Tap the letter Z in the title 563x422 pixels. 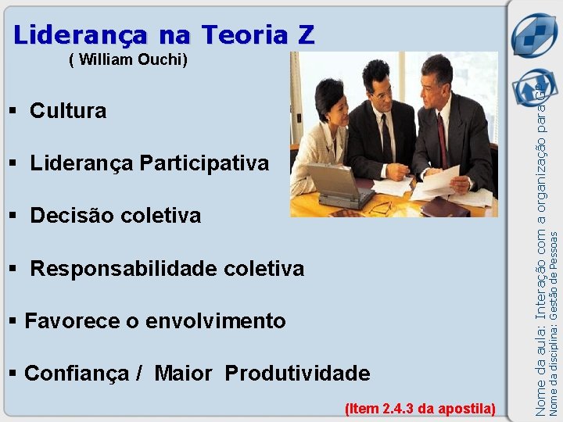[x=306, y=35]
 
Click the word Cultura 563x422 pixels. [x=68, y=111]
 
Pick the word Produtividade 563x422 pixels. [x=297, y=374]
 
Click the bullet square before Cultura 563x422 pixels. [x=13, y=111]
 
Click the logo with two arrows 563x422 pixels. [x=533, y=35]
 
